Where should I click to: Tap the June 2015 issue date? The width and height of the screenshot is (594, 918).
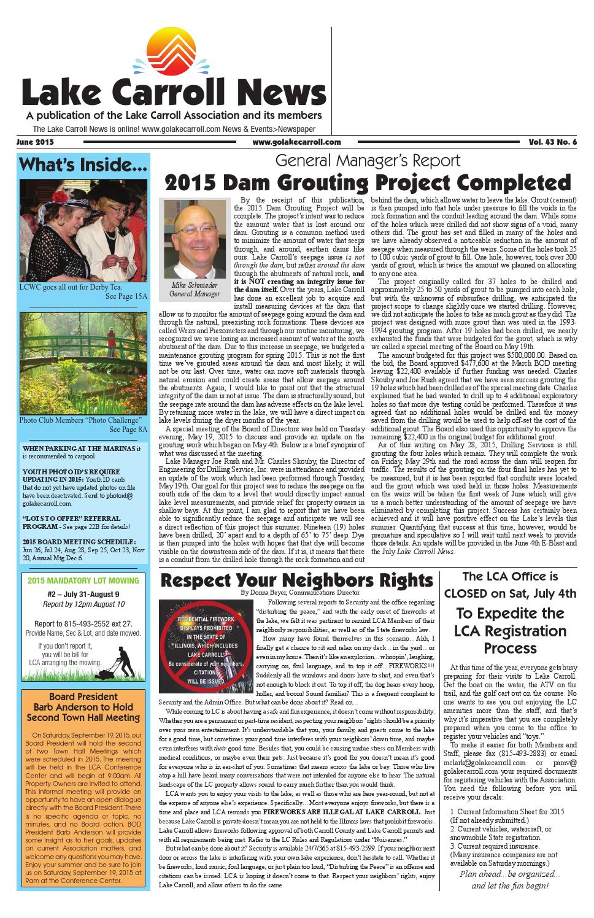pyautogui.click(x=36, y=142)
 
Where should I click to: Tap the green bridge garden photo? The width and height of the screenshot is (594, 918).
pyautogui.click(x=83, y=363)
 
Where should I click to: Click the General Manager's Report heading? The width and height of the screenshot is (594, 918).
pyautogui.click(x=368, y=161)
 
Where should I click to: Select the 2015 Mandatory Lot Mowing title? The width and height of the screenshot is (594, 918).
pyautogui.click(x=83, y=581)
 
